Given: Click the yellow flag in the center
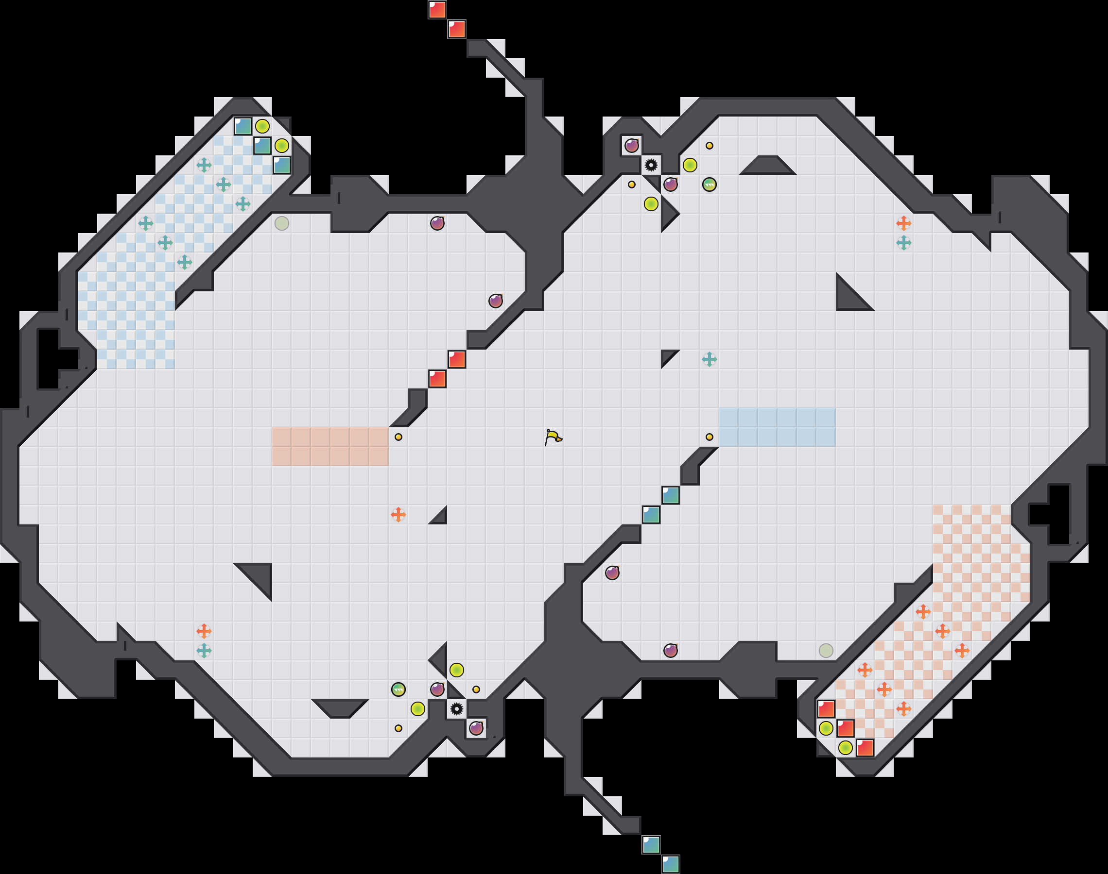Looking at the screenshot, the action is tap(553, 437).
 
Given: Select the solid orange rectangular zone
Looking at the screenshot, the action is tap(330, 447).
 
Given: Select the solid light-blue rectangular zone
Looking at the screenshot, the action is tap(777, 427).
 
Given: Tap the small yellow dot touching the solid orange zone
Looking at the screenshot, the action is tap(398, 437).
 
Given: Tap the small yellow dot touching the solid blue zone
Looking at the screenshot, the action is tap(709, 437).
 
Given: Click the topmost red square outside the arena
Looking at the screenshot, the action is tap(437, 10).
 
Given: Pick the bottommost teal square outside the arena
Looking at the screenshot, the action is tap(670, 864).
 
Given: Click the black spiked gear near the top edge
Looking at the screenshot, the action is tap(651, 165).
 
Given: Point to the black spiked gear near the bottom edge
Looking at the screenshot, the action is tap(457, 709).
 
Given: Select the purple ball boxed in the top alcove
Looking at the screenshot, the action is tap(631, 146).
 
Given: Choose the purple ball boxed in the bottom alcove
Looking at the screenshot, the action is tap(476, 728).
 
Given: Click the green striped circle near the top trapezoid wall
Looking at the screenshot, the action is tap(709, 185).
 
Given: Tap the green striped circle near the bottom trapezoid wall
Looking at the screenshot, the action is tap(398, 689).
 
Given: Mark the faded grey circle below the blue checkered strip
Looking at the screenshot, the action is tap(281, 223).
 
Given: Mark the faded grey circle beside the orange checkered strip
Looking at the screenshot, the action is tap(826, 650).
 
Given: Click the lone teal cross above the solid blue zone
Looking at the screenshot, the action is tap(709, 359).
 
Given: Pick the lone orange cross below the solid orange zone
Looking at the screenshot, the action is tap(398, 514).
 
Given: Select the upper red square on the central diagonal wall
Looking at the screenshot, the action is tap(457, 359).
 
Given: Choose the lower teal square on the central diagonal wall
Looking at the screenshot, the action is tap(651, 514).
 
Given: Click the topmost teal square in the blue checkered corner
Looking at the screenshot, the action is tap(242, 126).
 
